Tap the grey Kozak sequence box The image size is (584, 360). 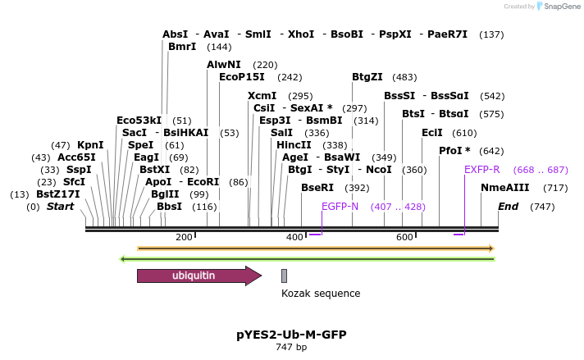click(x=284, y=276)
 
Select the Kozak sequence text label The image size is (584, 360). click(x=321, y=293)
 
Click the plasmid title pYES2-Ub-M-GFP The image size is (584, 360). click(x=291, y=335)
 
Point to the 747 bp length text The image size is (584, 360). click(x=291, y=348)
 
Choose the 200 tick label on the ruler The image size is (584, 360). click(x=184, y=238)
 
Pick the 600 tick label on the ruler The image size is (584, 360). click(x=404, y=238)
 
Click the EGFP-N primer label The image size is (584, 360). click(x=340, y=206)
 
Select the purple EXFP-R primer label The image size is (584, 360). click(x=481, y=170)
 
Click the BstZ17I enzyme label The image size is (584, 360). click(x=58, y=194)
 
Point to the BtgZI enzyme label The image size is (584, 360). click(x=367, y=77)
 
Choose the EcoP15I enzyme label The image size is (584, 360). click(x=242, y=77)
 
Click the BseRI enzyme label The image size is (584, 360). click(x=317, y=188)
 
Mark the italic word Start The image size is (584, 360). click(x=60, y=207)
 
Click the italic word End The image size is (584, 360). click(x=509, y=207)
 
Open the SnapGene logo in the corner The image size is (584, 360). click(x=559, y=7)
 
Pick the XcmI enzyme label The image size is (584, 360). click(x=262, y=96)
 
